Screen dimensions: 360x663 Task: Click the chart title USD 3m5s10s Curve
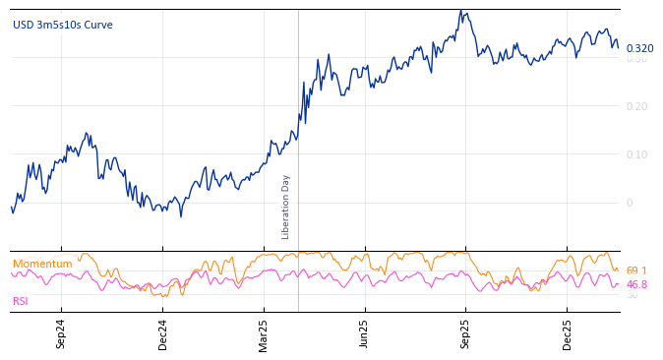[x=63, y=25]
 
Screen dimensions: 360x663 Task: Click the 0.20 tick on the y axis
[x=637, y=106]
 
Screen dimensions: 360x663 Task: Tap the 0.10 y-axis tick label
[x=637, y=154]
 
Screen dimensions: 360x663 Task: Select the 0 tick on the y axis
[x=630, y=203]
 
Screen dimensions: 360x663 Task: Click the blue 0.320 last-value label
[x=639, y=48]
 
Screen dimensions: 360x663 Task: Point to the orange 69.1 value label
[x=636, y=270]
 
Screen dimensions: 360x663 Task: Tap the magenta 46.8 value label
[x=636, y=284]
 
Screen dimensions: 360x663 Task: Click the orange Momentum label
[x=42, y=264]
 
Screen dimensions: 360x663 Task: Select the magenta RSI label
[x=21, y=301]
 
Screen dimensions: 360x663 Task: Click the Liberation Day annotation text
[x=286, y=207]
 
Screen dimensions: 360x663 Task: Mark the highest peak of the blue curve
[x=460, y=11]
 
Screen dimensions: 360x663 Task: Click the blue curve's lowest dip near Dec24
[x=180, y=215]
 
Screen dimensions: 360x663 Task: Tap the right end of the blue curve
[x=619, y=46]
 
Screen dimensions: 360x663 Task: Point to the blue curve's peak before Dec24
[x=87, y=134]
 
